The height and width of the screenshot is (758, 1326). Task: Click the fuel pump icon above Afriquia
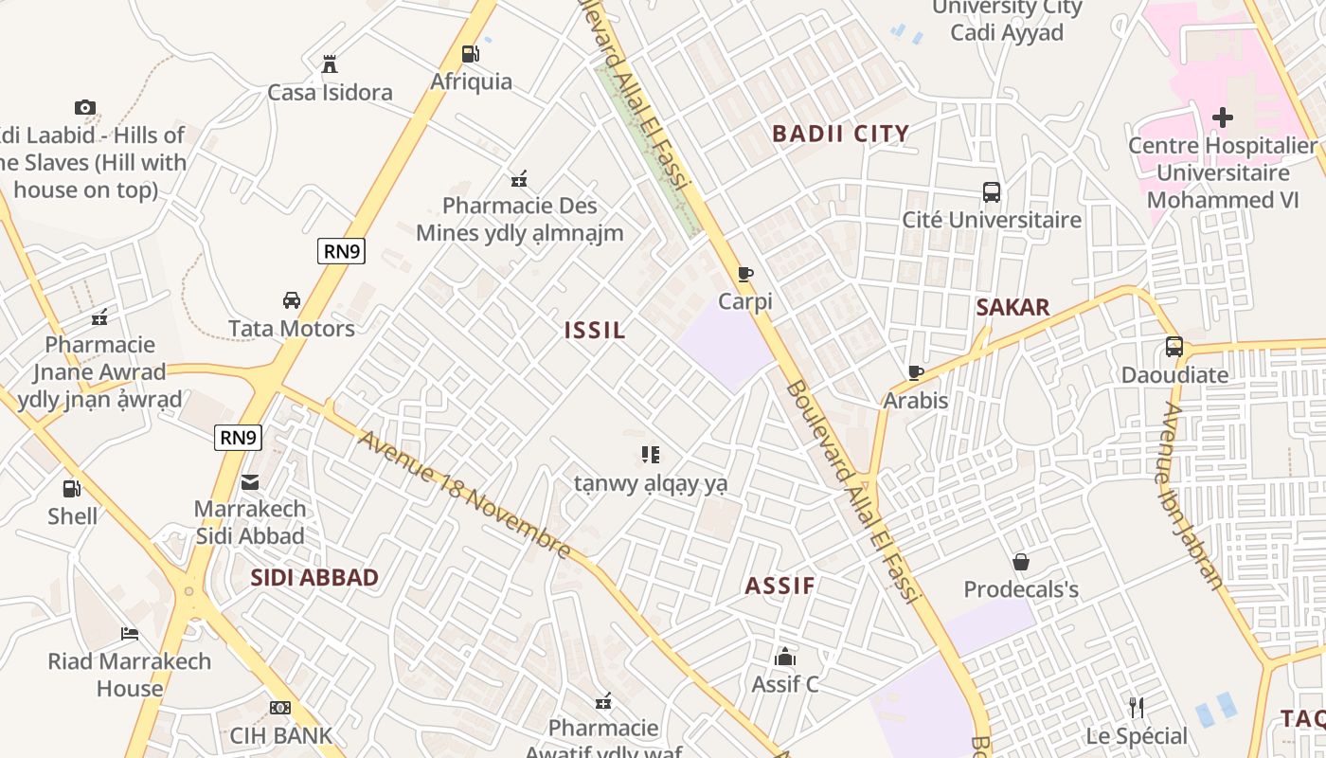pyautogui.click(x=470, y=54)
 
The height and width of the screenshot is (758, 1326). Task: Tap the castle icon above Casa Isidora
pyautogui.click(x=330, y=64)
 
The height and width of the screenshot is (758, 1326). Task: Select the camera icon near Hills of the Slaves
pyautogui.click(x=85, y=108)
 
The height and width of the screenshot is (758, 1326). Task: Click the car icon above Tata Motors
pyautogui.click(x=292, y=300)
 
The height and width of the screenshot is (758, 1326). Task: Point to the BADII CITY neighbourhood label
pyautogui.click(x=840, y=134)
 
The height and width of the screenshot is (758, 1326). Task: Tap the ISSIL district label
pyautogui.click(x=595, y=331)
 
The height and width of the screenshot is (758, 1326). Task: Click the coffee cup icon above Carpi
pyautogui.click(x=745, y=275)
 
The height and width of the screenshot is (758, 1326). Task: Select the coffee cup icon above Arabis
pyautogui.click(x=915, y=373)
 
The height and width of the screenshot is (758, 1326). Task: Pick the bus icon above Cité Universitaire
pyautogui.click(x=992, y=192)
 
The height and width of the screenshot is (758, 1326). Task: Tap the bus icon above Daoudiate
pyautogui.click(x=1174, y=347)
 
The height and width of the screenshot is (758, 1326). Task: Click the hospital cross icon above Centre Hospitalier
pyautogui.click(x=1223, y=117)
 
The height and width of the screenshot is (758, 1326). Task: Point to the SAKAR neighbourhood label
pyautogui.click(x=1012, y=307)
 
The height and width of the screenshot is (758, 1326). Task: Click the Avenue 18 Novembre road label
pyautogui.click(x=464, y=496)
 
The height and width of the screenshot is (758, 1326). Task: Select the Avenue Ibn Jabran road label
pyautogui.click(x=1190, y=495)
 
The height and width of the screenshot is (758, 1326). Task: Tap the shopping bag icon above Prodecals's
pyautogui.click(x=1021, y=562)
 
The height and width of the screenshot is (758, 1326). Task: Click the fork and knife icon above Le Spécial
pyautogui.click(x=1137, y=708)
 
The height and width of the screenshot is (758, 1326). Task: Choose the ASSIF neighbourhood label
pyautogui.click(x=779, y=586)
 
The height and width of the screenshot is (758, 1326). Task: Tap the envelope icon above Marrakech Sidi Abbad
pyautogui.click(x=250, y=482)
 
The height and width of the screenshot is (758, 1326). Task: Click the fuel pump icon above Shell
pyautogui.click(x=72, y=489)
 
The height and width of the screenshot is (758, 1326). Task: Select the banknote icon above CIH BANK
pyautogui.click(x=280, y=708)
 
